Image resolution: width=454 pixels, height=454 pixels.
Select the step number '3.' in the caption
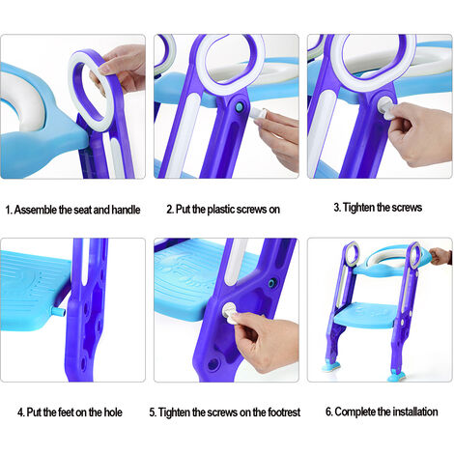337,208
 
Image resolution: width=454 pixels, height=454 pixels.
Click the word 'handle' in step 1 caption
126,208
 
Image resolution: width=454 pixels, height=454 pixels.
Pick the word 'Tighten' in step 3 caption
359,208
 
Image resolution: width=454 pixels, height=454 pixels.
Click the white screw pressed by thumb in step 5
232,311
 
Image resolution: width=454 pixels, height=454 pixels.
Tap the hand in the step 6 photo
440,257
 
